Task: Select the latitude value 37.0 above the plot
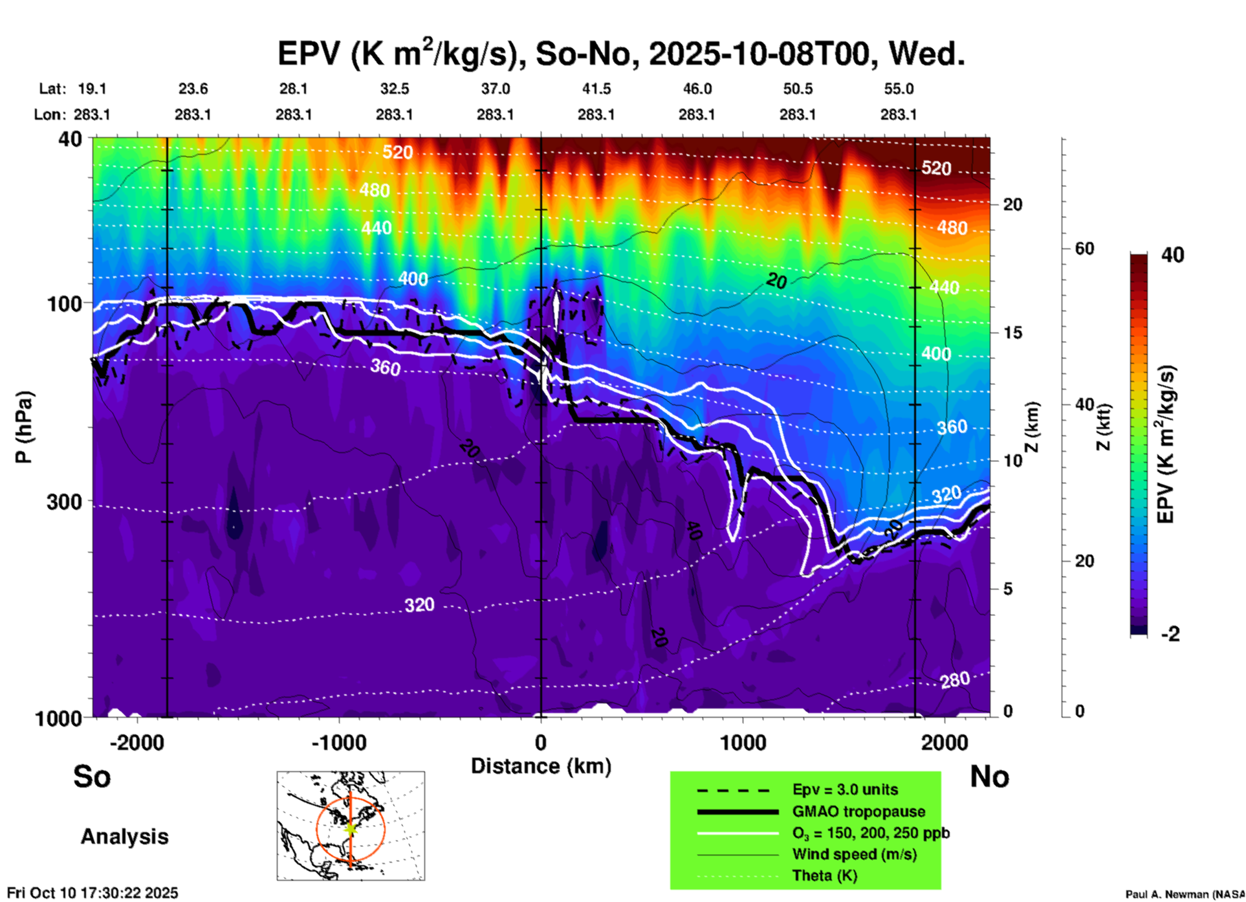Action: [495, 89]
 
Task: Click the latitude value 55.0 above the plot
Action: [899, 89]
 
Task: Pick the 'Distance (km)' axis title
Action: [541, 766]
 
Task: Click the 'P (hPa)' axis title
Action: [23, 427]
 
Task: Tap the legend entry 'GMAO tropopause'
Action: [858, 811]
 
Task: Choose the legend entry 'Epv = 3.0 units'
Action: [845, 789]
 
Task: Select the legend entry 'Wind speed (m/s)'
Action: [854, 854]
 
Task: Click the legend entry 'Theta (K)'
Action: [824, 875]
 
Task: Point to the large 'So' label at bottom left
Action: [92, 776]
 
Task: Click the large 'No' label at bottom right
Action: [989, 776]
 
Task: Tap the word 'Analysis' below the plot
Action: [124, 837]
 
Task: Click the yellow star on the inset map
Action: [351, 828]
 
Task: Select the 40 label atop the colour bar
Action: [1172, 255]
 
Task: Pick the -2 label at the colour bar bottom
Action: [1170, 634]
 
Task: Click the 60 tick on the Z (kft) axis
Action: [1084, 249]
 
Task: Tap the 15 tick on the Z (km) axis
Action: [1012, 333]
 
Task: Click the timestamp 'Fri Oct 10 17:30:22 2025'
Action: [93, 893]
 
